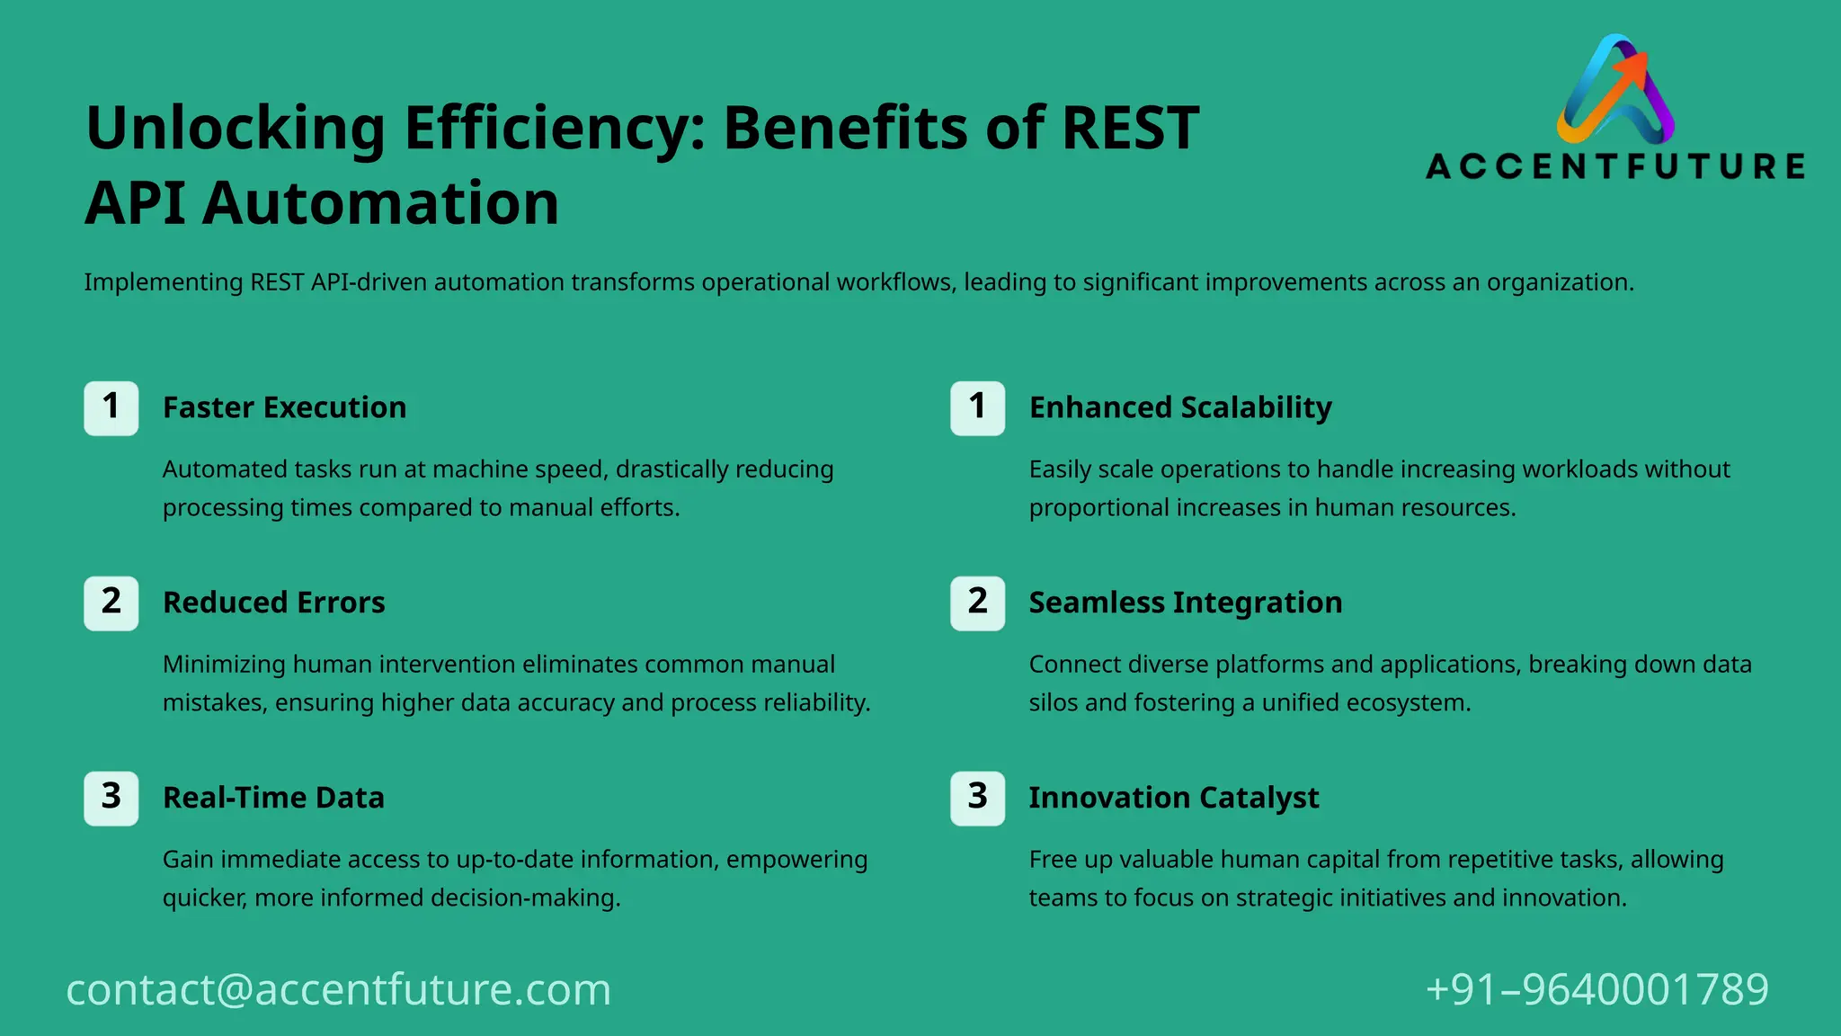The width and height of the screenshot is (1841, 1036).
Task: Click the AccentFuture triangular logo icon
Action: pyautogui.click(x=1615, y=90)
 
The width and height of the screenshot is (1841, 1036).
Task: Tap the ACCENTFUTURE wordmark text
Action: pyautogui.click(x=1615, y=166)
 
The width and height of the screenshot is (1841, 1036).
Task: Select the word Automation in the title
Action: pyautogui.click(x=380, y=203)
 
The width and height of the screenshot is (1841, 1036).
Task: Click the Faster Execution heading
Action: pyautogui.click(x=284, y=407)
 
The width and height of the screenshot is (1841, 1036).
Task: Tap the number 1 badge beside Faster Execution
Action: pyautogui.click(x=111, y=407)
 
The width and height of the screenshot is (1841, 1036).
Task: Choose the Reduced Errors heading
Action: pyautogui.click(x=273, y=603)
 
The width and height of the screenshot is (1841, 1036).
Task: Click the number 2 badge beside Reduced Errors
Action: pyautogui.click(x=111, y=603)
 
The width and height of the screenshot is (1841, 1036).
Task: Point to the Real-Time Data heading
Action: pyautogui.click(x=273, y=798)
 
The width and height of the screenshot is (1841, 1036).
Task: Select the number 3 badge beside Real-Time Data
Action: pyautogui.click(x=111, y=798)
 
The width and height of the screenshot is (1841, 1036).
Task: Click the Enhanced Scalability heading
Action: pyautogui.click(x=1180, y=407)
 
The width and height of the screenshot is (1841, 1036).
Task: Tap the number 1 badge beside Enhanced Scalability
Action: pyautogui.click(x=977, y=407)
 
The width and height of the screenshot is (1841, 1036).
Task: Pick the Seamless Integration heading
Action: pyautogui.click(x=1185, y=603)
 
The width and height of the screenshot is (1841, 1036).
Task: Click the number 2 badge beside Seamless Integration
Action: pyautogui.click(x=977, y=603)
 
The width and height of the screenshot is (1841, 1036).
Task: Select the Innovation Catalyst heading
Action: pyautogui.click(x=1173, y=798)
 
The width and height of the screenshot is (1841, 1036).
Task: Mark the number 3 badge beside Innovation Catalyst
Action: pyautogui.click(x=977, y=798)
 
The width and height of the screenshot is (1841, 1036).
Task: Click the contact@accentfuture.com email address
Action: pyautogui.click(x=339, y=989)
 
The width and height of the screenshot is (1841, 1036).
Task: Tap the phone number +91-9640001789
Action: pyautogui.click(x=1596, y=989)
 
